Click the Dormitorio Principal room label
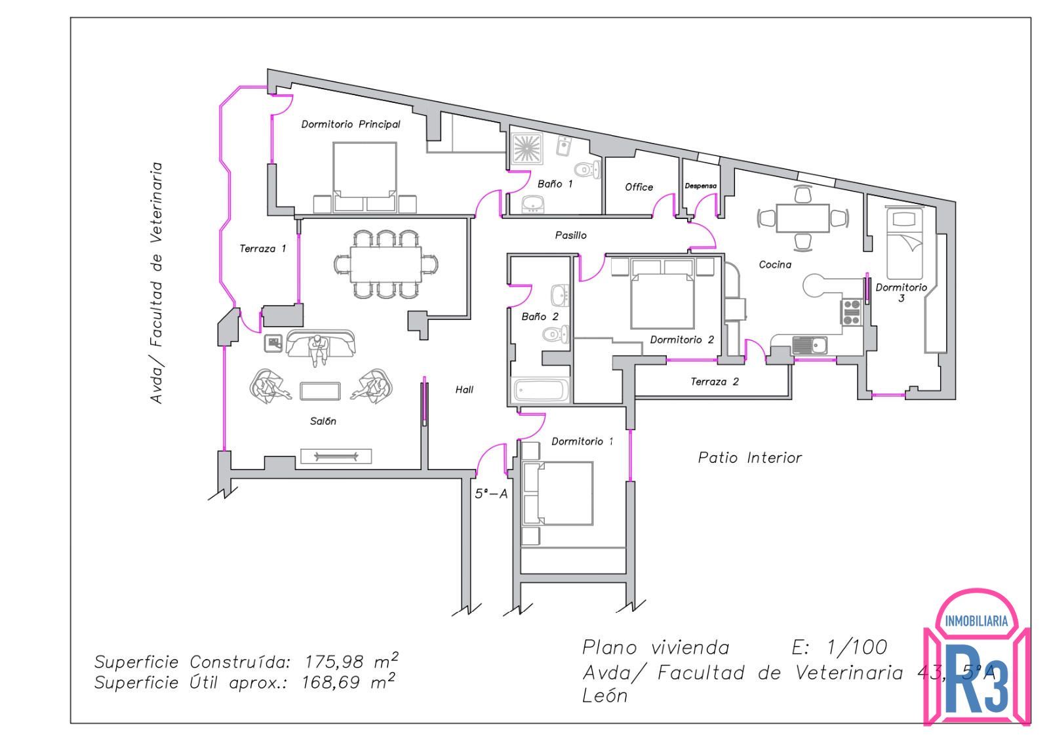click(x=351, y=124)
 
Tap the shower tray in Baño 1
click(x=527, y=148)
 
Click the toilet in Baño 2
click(x=556, y=334)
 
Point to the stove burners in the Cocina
click(x=852, y=312)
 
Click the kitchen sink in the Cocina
click(x=810, y=345)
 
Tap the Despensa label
click(x=701, y=186)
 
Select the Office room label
click(x=639, y=187)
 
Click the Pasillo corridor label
click(x=570, y=235)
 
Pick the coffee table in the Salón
click(x=320, y=391)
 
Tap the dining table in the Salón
click(x=386, y=265)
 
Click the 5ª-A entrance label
click(x=491, y=494)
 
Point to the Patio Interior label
click(x=750, y=458)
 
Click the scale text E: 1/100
click(x=839, y=648)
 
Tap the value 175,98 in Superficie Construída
click(x=334, y=662)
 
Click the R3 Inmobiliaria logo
click(x=976, y=656)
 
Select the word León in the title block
click(x=604, y=696)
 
